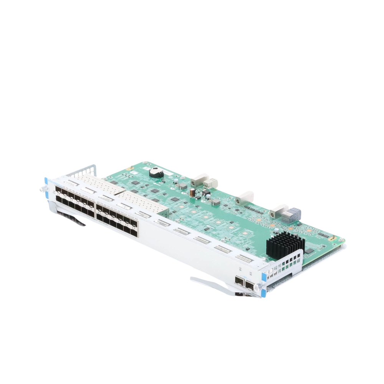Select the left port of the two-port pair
(x=239, y=283)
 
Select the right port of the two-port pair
(x=251, y=286)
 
